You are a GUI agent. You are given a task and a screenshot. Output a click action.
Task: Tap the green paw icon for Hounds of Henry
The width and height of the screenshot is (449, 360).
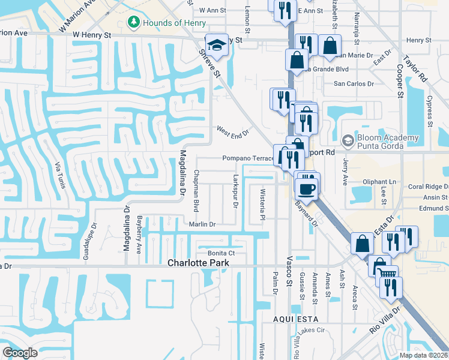click(133, 23)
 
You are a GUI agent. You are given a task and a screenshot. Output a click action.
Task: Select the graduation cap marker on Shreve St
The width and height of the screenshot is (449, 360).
click(216, 45)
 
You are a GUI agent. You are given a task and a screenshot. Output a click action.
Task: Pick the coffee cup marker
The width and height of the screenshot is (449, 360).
click(307, 189)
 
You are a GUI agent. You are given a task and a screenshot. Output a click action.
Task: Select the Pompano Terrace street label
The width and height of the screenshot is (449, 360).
click(248, 158)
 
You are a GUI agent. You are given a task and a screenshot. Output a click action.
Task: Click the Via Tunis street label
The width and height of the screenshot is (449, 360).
click(59, 174)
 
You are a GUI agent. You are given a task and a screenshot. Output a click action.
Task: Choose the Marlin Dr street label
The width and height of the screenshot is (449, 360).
click(202, 224)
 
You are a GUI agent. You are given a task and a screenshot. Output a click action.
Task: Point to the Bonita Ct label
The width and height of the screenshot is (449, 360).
click(220, 253)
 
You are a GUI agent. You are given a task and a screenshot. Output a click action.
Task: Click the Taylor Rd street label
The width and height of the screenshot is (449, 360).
click(415, 68)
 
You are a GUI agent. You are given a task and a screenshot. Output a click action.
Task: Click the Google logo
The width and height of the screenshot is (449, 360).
click(20, 353)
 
